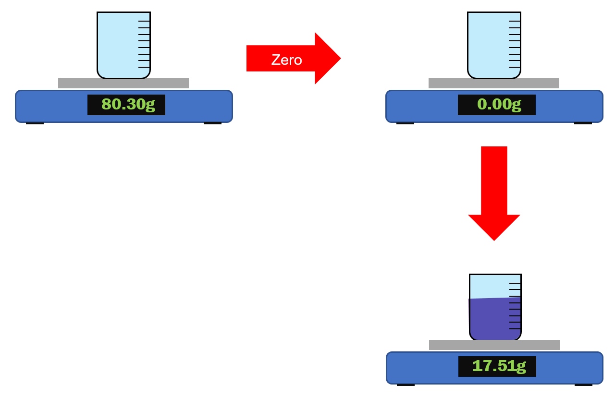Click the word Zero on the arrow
click(x=286, y=60)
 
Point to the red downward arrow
click(x=494, y=192)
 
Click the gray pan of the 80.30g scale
click(x=123, y=83)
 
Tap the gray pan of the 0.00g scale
click(x=494, y=83)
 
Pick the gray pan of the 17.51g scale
click(x=494, y=345)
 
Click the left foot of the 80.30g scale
click(x=35, y=123)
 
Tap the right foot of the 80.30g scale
click(x=212, y=123)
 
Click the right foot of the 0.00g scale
click(x=583, y=123)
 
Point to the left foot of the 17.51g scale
click(x=406, y=385)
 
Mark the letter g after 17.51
click(x=521, y=366)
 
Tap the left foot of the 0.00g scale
click(x=405, y=123)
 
